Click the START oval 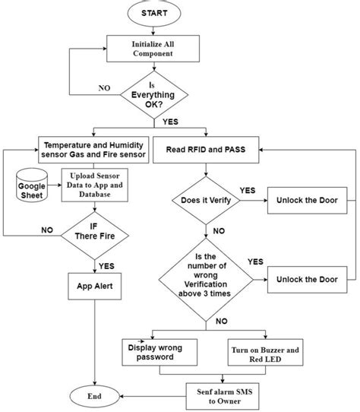154,14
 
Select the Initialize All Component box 153,49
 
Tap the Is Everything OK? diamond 154,95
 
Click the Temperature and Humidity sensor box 93,150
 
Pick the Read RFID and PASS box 206,150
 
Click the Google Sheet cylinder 32,185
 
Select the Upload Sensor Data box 95,185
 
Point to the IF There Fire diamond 95,236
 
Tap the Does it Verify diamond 206,201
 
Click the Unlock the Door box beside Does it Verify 308,201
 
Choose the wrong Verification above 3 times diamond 206,280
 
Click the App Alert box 95,287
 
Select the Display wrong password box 159,353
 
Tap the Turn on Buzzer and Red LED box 266,353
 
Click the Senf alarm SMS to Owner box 223,397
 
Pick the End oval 94,396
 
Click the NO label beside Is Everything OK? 104,88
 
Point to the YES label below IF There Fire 106,266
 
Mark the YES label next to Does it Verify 248,191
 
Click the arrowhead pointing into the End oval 122,396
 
